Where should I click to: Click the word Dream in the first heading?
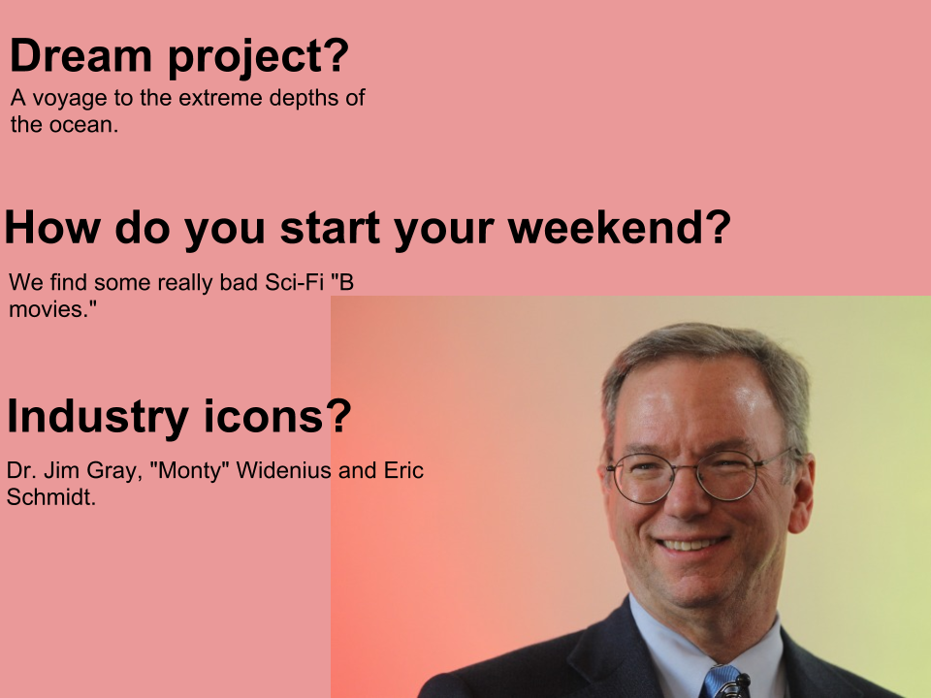point(80,55)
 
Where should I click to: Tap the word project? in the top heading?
point(258,57)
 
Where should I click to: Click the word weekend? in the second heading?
point(619,227)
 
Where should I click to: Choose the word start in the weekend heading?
point(330,228)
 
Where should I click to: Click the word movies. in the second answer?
point(52,308)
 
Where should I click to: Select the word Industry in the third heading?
point(98,417)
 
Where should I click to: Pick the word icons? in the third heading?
point(278,416)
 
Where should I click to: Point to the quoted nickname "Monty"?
point(190,470)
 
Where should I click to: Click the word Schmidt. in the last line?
point(51,496)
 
